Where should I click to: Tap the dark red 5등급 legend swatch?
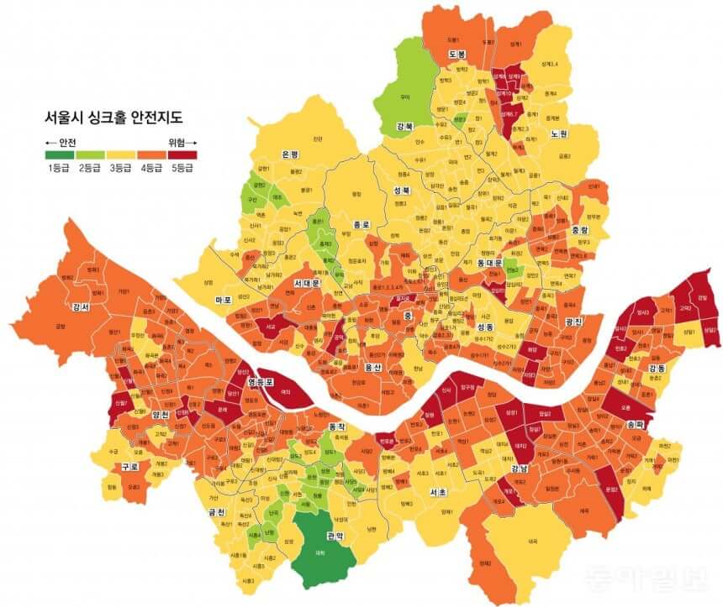[180, 154]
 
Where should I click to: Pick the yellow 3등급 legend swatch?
[119, 154]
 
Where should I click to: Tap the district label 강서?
[82, 307]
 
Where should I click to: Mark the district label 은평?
[290, 154]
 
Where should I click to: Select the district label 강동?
[657, 369]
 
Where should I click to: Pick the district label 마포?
[223, 300]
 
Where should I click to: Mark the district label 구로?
[129, 466]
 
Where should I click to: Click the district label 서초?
[437, 491]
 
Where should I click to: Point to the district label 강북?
[404, 128]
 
